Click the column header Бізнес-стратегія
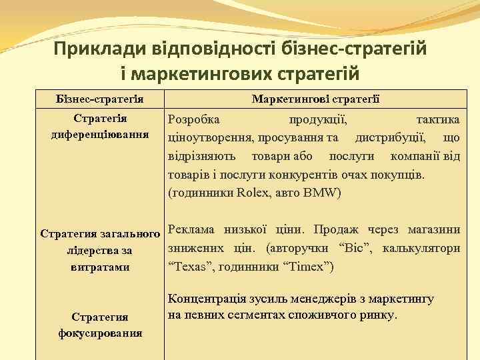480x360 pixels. [101, 99]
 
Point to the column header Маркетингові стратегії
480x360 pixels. [316, 99]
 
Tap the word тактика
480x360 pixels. [437, 119]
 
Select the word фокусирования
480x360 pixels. [100, 332]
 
